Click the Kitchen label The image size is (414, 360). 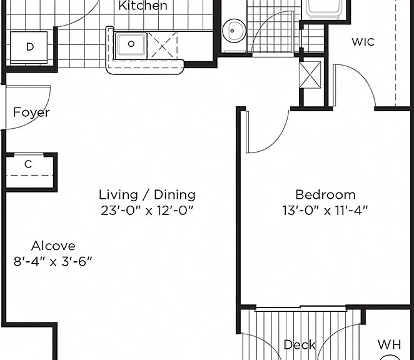pyautogui.click(x=143, y=6)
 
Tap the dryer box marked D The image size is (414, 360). pyautogui.click(x=29, y=47)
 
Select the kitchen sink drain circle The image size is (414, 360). pyautogui.click(x=131, y=44)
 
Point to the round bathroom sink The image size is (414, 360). pyautogui.click(x=234, y=31)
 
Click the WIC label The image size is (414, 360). pyautogui.click(x=363, y=42)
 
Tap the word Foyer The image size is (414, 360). pyautogui.click(x=31, y=112)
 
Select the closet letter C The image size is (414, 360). pyautogui.click(x=28, y=164)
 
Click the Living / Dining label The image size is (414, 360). pyautogui.click(x=147, y=195)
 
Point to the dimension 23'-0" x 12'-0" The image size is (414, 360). pyautogui.click(x=147, y=211)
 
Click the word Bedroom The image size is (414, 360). pyautogui.click(x=326, y=195)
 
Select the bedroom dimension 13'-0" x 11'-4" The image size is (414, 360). pyautogui.click(x=325, y=211)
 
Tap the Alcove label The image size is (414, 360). pyautogui.click(x=53, y=246)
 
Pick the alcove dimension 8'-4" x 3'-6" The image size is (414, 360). pyautogui.click(x=53, y=262)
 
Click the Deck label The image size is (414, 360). pyautogui.click(x=300, y=345)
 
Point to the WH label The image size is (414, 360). pyautogui.click(x=389, y=344)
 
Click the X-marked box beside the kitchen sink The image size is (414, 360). pyautogui.click(x=162, y=45)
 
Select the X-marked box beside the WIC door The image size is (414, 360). pyautogui.click(x=310, y=75)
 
